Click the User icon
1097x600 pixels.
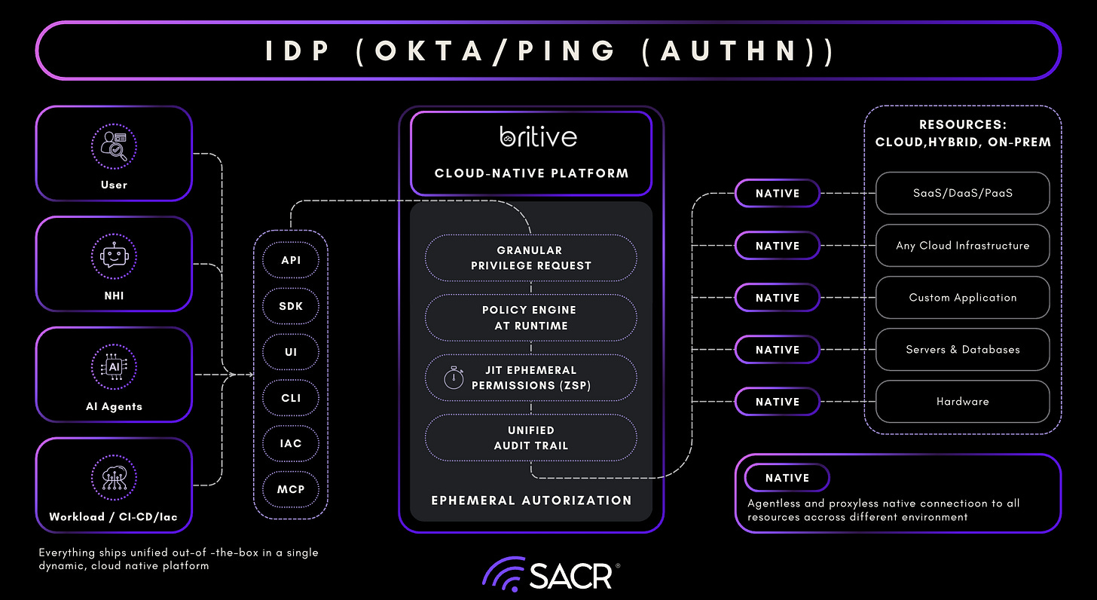[x=114, y=145]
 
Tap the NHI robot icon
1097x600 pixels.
[x=114, y=256]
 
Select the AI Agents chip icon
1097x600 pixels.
[x=114, y=366]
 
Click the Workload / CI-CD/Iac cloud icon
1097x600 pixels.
[x=114, y=478]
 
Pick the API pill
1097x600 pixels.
[x=291, y=260]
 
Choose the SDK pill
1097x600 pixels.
[x=291, y=306]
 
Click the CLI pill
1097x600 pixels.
[x=291, y=397]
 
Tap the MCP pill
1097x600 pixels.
[x=291, y=489]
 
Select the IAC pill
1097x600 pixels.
[x=291, y=443]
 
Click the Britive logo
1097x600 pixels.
[x=538, y=136]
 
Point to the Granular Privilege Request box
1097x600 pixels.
[x=530, y=258]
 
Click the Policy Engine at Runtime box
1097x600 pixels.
[x=530, y=317]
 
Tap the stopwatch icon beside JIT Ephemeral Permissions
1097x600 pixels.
[x=453, y=378]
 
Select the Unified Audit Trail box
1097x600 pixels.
[x=530, y=438]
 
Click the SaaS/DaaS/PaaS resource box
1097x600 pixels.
[x=962, y=193]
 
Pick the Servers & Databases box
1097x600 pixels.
[x=962, y=350]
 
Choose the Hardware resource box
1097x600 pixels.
[x=962, y=402]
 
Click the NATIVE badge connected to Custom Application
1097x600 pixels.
[x=778, y=298]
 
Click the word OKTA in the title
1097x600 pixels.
[x=428, y=51]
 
